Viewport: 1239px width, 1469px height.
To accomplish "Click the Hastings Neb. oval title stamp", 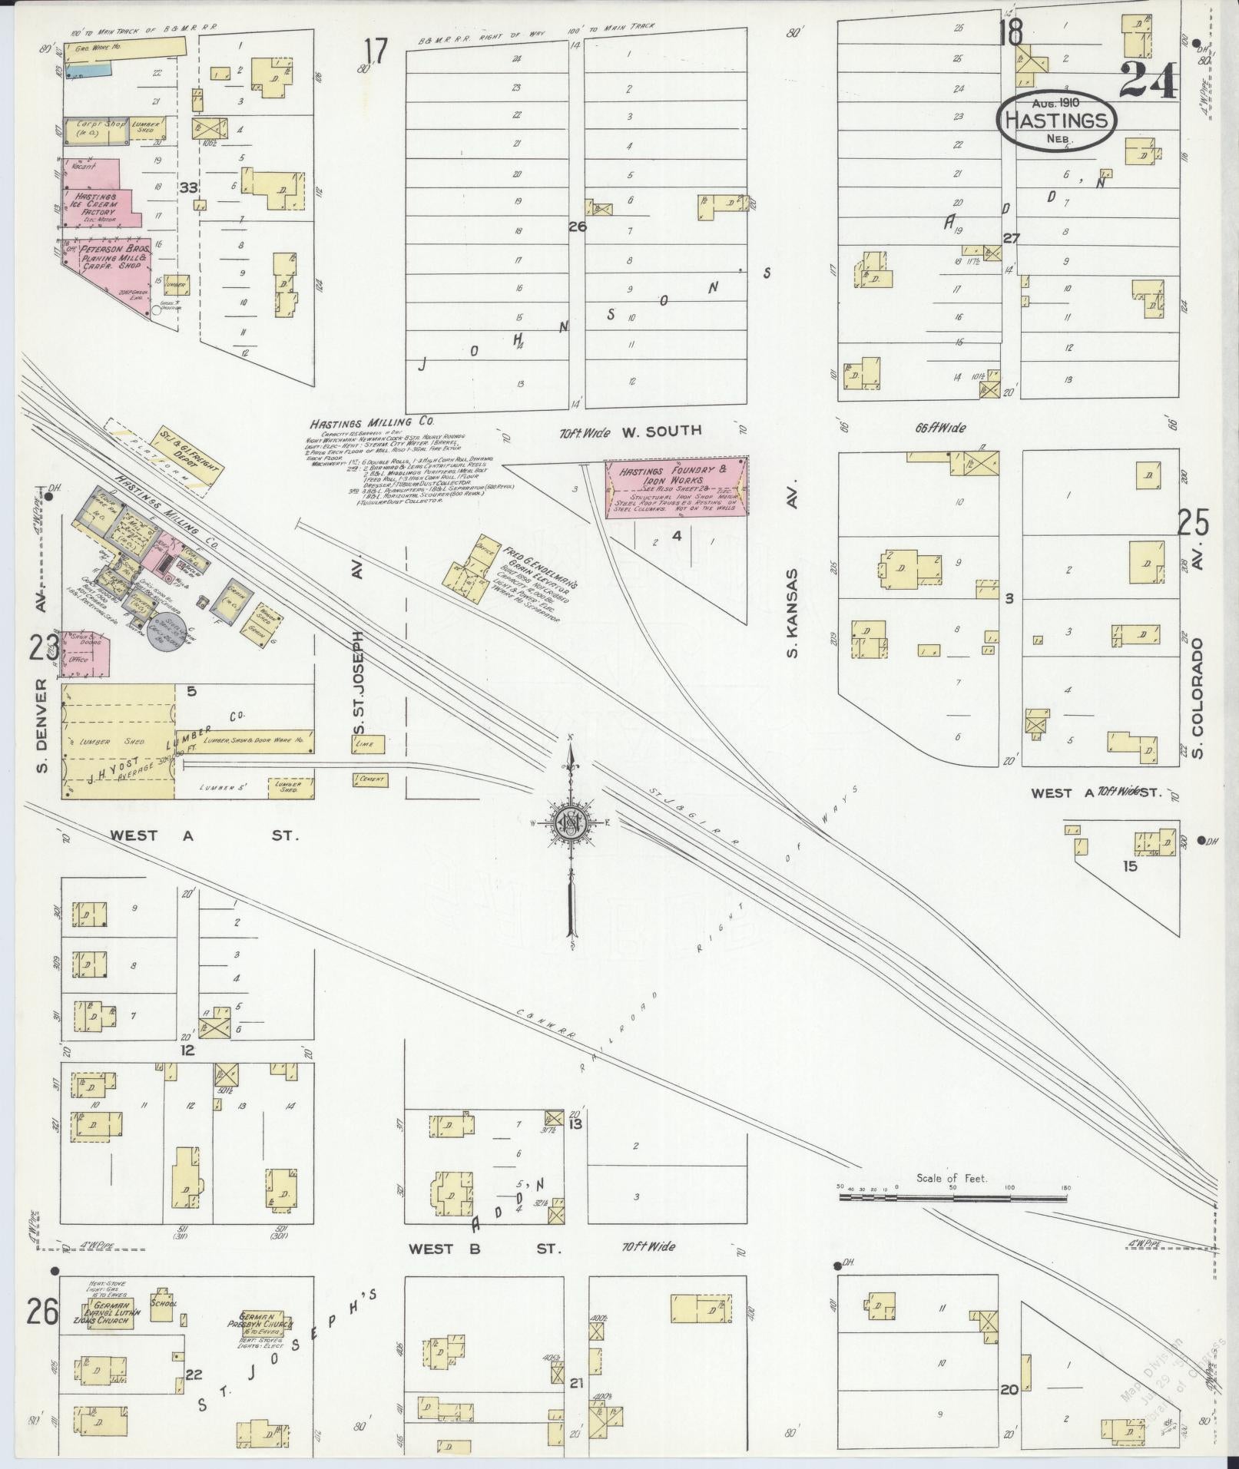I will coord(1056,121).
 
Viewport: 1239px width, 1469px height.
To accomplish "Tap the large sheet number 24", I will coord(1148,81).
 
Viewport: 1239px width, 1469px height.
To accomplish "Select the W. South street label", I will coord(661,430).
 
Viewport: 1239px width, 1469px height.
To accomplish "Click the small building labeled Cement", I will coord(370,779).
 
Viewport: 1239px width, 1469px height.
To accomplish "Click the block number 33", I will coord(188,187).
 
